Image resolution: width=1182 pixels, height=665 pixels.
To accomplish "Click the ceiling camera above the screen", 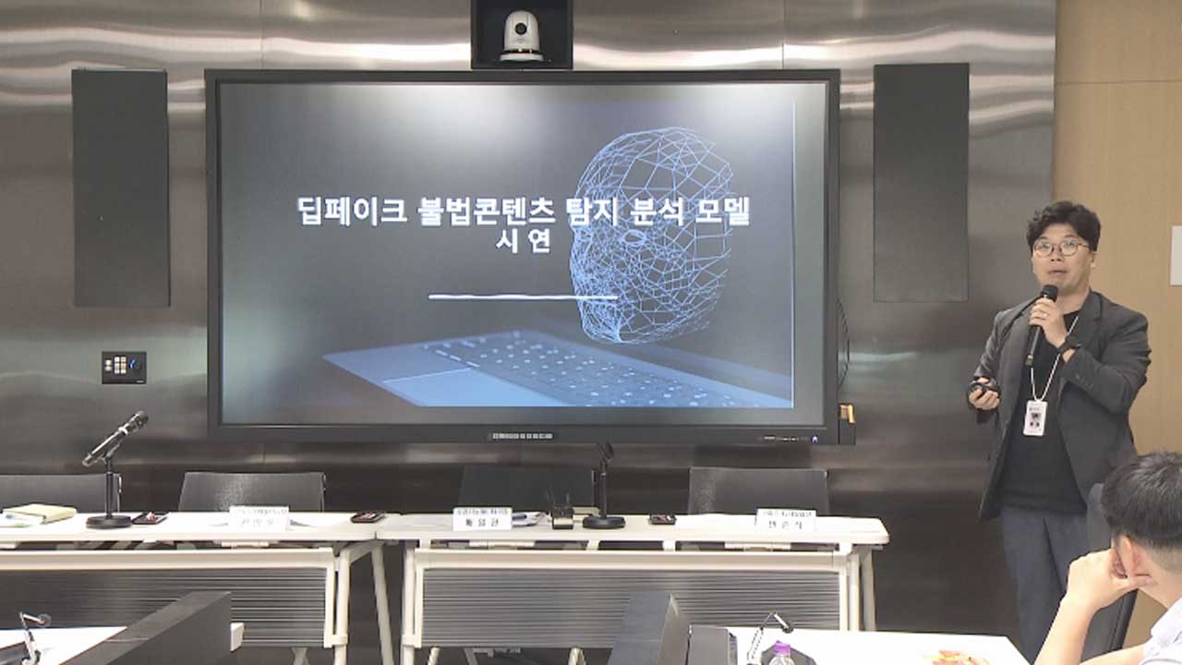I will tap(522, 37).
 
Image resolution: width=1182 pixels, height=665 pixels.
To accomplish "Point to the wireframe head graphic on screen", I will tap(652, 231).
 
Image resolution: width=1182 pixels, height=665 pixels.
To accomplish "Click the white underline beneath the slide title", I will tap(523, 296).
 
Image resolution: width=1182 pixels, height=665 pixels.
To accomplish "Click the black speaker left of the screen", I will tap(121, 187).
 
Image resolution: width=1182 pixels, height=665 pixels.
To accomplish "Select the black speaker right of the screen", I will tap(920, 182).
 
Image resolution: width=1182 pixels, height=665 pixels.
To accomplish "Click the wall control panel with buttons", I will tap(124, 367).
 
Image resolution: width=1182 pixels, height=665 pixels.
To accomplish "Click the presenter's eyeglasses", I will tap(1060, 248).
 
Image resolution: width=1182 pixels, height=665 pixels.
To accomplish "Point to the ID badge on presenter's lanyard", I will tap(1035, 417).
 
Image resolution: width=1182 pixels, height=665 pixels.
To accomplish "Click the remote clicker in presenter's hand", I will tap(981, 387).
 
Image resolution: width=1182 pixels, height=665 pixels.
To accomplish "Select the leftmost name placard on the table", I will tap(259, 518).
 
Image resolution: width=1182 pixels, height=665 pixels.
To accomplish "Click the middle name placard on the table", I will tap(481, 519).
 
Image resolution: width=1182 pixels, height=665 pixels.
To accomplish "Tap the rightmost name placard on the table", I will tap(785, 520).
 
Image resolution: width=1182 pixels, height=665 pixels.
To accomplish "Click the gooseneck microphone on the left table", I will tap(114, 443).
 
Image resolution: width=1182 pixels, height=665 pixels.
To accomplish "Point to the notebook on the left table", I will tap(39, 513).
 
